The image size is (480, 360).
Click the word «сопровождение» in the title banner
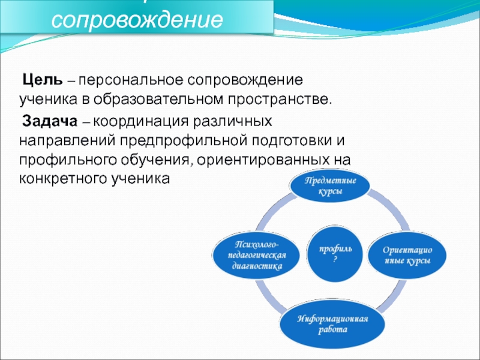point(137,22)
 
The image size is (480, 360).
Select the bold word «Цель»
point(41,80)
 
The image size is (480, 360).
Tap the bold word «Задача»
point(49,121)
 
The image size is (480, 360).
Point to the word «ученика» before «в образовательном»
point(47,97)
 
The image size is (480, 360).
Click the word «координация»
point(139,121)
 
